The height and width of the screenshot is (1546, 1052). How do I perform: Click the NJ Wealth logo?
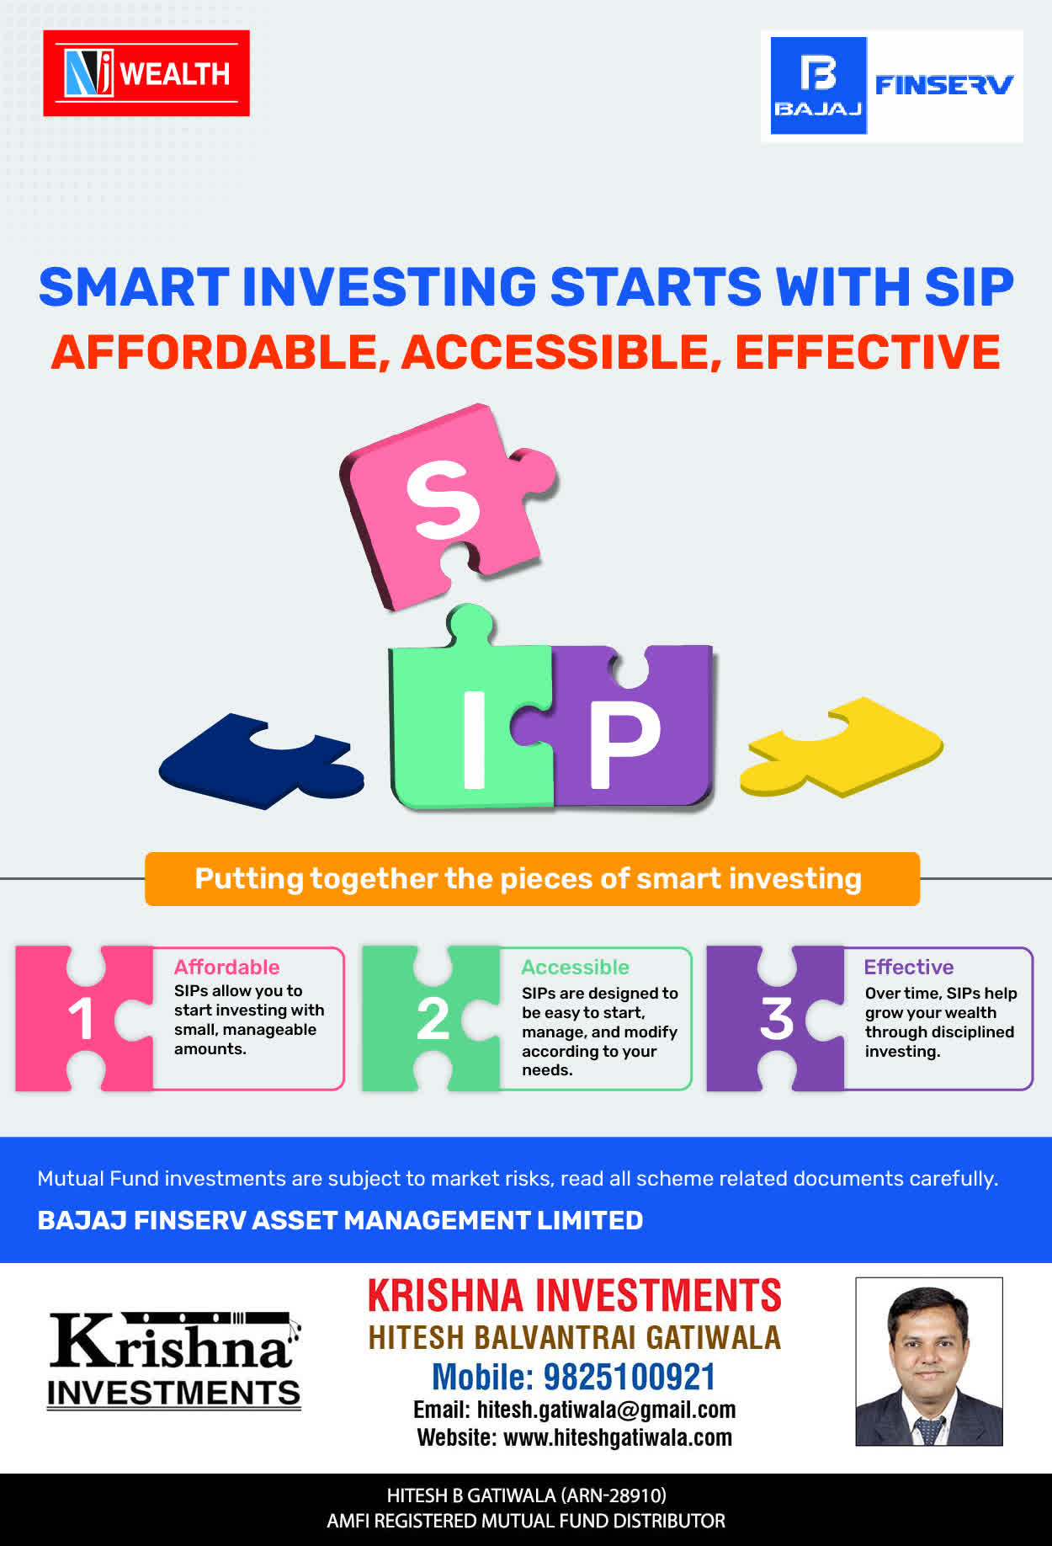point(146,73)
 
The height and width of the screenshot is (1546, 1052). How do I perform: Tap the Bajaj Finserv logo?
point(892,86)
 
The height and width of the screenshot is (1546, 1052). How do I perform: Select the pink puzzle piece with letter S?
point(446,505)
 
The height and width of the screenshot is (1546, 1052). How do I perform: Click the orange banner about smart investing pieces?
point(532,879)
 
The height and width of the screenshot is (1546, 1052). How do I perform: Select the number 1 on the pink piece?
point(81,1019)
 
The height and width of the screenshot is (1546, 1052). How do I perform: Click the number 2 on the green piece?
point(433,1019)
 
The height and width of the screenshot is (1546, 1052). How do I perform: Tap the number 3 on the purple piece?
point(776,1019)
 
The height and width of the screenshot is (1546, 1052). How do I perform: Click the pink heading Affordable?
point(226,967)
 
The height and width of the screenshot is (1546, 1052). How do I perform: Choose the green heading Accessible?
point(575,967)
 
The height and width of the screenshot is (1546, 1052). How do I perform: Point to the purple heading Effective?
point(909,967)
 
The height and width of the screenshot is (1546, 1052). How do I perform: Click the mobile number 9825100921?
point(630,1377)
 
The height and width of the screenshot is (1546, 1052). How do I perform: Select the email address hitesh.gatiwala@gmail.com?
point(606,1410)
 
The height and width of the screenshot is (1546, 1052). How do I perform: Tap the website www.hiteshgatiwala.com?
point(618,1437)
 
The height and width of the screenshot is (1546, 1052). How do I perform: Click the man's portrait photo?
point(929,1362)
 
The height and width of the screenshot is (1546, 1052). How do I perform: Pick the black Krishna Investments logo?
point(174,1360)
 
